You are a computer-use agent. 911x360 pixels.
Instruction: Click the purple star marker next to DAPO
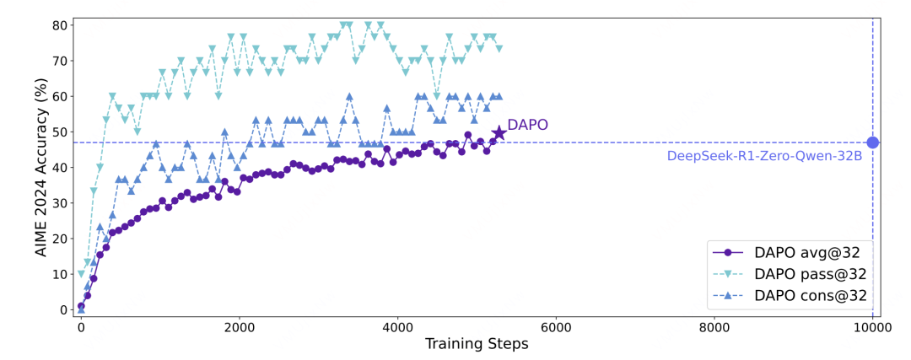[499, 132]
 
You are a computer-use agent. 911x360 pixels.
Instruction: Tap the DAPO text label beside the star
[527, 125]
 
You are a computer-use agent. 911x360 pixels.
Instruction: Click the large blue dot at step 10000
[872, 142]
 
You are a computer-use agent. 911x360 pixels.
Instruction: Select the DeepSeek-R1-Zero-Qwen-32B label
[764, 156]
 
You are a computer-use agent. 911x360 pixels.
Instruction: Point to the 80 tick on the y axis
[59, 25]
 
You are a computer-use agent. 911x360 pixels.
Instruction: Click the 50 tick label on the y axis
[59, 132]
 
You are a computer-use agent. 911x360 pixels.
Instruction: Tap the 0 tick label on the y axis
[62, 309]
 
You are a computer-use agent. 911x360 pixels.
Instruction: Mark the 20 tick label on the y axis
[59, 239]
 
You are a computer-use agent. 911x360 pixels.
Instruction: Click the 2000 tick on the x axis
[239, 327]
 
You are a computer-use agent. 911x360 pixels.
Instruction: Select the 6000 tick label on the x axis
[556, 327]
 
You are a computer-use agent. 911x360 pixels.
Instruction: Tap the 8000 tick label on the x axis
[714, 327]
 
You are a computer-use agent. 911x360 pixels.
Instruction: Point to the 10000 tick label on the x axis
[872, 327]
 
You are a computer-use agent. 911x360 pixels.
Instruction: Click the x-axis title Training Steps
[476, 344]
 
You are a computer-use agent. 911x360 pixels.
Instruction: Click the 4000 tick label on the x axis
[397, 327]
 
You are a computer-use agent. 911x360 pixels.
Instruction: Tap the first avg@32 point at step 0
[81, 306]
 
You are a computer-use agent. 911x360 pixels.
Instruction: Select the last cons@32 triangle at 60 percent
[499, 97]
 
